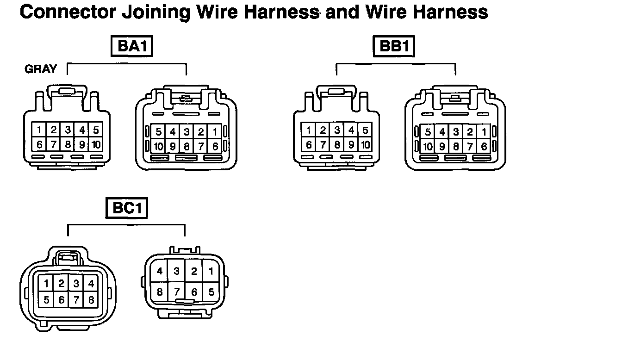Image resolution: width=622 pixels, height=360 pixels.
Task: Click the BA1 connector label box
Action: (132, 46)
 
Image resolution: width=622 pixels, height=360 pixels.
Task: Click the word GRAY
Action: (41, 69)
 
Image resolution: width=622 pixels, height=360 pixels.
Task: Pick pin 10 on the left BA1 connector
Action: (95, 144)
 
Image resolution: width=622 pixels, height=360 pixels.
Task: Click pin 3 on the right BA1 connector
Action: (187, 132)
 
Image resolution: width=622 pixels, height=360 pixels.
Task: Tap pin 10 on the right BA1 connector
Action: (159, 147)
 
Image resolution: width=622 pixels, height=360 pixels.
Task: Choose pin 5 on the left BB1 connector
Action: (365, 130)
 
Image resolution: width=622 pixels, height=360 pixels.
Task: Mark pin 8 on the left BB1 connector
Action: (337, 144)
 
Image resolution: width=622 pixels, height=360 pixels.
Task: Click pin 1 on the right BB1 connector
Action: (484, 132)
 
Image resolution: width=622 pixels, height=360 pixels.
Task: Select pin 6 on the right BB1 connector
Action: (484, 147)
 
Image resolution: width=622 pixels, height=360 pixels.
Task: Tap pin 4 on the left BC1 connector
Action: (91, 284)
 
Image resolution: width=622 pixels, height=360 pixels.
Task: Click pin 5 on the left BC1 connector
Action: (46, 300)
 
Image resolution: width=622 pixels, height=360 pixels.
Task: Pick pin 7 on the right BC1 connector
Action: (176, 292)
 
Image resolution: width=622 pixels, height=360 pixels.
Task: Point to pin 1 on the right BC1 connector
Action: (211, 272)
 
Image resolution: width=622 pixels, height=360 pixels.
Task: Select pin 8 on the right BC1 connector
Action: (160, 292)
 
